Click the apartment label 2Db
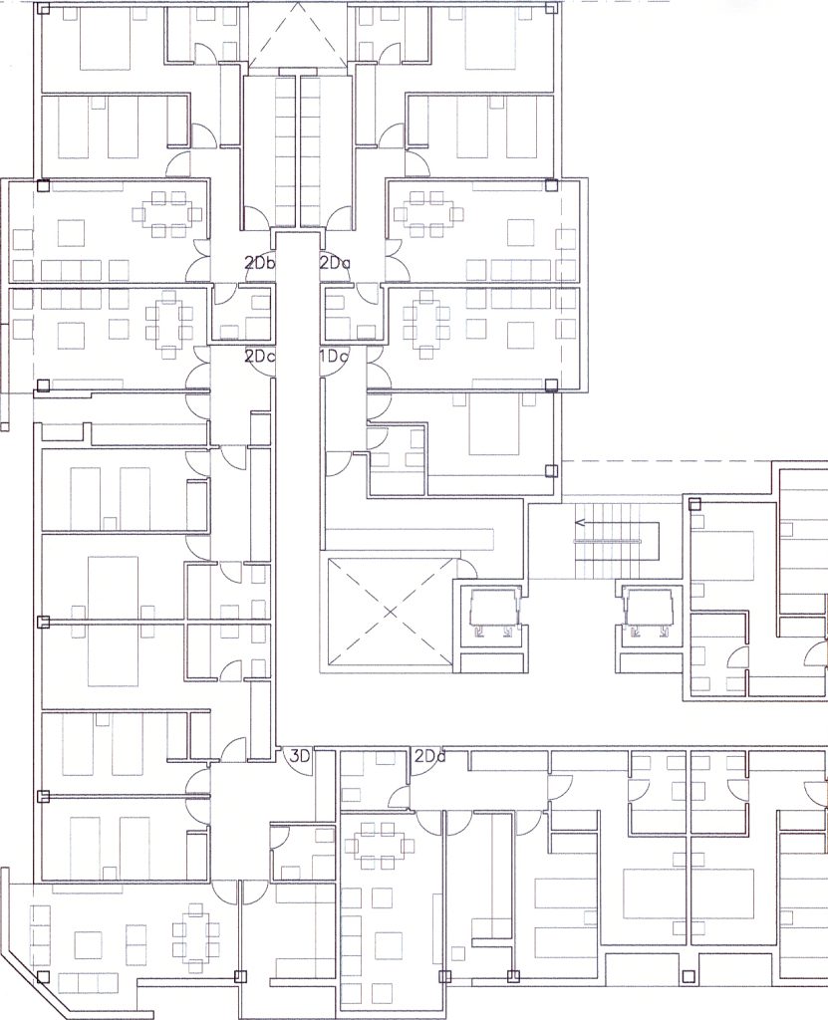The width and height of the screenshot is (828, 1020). tap(260, 263)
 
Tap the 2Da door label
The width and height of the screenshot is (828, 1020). tap(335, 263)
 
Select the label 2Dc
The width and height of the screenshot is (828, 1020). tap(260, 357)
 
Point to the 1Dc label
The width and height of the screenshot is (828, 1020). tap(334, 357)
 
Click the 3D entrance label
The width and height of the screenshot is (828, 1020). tap(300, 756)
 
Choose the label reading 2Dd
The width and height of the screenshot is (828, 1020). tap(430, 756)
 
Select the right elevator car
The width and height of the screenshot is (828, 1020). tap(647, 609)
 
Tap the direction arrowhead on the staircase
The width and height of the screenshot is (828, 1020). tap(579, 522)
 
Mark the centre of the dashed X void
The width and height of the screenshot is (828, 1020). tap(390, 613)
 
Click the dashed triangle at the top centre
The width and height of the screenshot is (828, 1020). tap(298, 36)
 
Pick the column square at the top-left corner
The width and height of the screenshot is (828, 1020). tap(43, 9)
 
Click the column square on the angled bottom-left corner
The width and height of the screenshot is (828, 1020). tap(43, 976)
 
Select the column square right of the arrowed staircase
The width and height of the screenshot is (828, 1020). tap(694, 503)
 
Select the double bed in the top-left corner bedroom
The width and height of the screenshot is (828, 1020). tap(106, 39)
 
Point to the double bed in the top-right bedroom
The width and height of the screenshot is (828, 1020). tap(492, 39)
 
